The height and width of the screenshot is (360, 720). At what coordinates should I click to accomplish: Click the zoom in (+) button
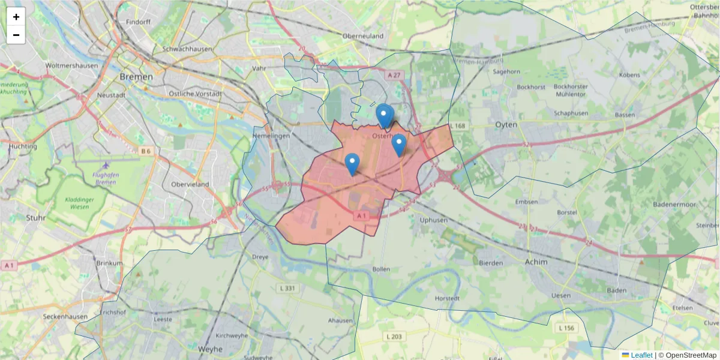point(16,17)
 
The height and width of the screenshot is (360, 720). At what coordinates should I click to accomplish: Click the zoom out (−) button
point(16,35)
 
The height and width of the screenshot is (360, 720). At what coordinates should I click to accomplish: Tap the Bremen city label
point(136,77)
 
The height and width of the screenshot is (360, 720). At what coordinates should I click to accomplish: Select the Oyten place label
point(506,124)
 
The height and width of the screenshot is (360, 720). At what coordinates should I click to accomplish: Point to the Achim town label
point(536,262)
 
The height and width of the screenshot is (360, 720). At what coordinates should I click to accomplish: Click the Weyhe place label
point(210,349)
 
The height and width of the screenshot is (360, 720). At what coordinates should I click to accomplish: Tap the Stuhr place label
point(36,218)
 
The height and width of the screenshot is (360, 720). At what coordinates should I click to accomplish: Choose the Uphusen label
point(434,220)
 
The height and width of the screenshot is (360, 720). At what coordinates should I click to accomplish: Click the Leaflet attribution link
point(641,355)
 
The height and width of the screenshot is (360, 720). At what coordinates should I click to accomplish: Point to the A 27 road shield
point(394,75)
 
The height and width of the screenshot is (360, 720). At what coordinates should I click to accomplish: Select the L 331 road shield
point(288,289)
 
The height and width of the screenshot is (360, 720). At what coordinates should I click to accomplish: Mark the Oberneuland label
point(363,36)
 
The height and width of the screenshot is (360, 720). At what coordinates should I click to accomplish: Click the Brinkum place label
point(109,263)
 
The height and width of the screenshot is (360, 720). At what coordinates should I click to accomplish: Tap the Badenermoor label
point(674,205)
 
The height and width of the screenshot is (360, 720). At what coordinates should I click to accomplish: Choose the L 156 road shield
point(566,328)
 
